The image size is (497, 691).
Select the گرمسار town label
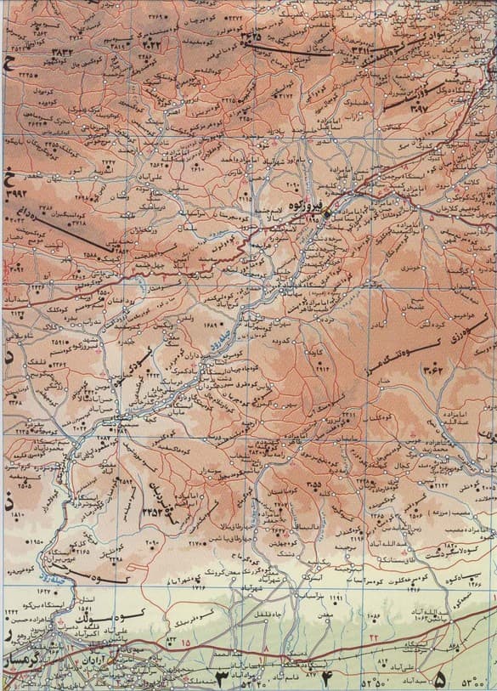pos(19,658)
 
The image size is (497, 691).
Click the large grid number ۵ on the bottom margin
pos(439,679)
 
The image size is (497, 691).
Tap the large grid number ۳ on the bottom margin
pos(223,678)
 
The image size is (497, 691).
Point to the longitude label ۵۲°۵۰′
pos(373,682)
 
